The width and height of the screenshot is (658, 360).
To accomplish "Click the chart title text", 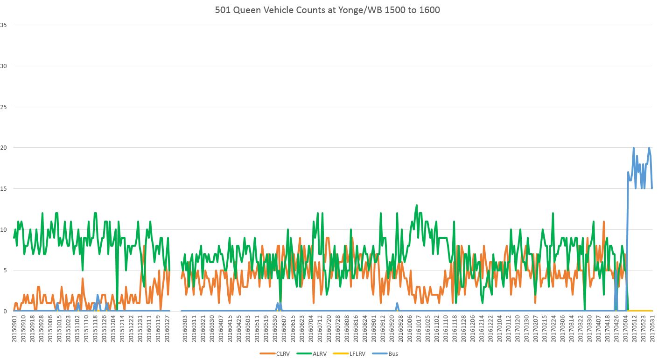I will [328, 10].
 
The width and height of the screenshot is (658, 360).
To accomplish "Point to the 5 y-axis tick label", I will [5, 270].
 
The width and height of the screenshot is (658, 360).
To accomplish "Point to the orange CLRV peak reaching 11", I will [603, 222].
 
